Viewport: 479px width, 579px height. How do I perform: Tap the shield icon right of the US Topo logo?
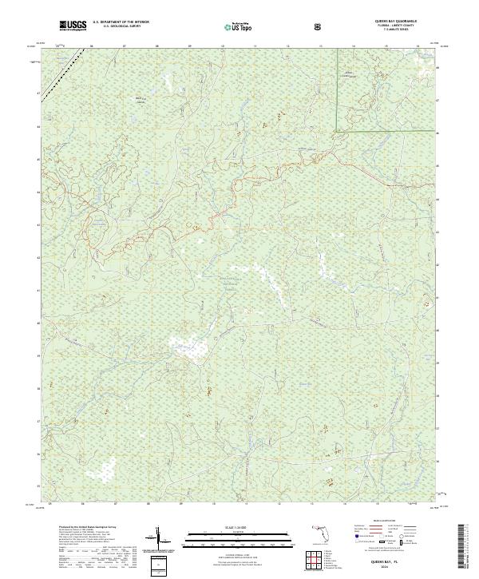[318, 26]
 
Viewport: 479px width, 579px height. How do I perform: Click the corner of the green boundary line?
[336, 129]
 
